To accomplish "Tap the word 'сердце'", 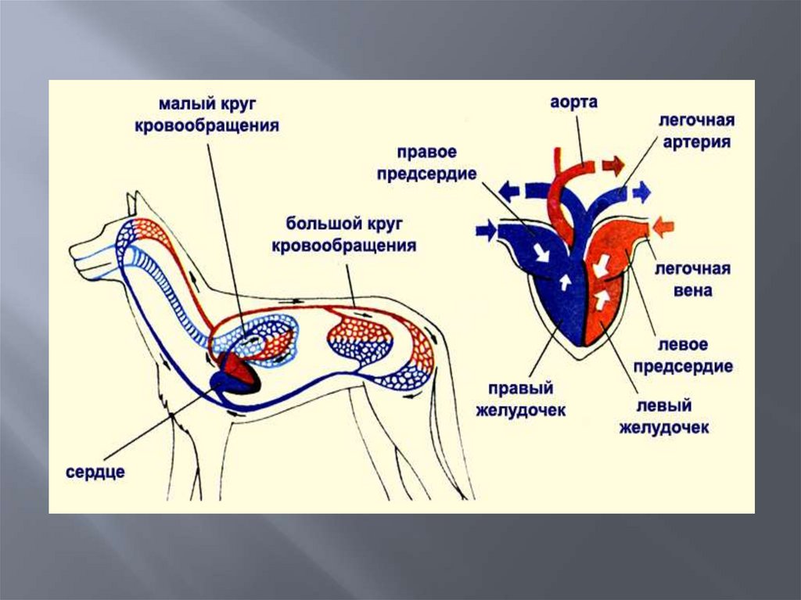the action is (95, 472).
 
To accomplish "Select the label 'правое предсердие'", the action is (426, 163).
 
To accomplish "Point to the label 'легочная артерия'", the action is (695, 131).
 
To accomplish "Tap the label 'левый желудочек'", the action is (664, 417).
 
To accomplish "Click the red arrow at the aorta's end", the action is (614, 166).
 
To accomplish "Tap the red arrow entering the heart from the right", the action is (663, 227).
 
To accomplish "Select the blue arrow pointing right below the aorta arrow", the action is (641, 192).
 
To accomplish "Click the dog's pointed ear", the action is (132, 204).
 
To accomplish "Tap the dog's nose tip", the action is (73, 252).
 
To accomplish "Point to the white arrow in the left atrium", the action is (603, 264).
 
